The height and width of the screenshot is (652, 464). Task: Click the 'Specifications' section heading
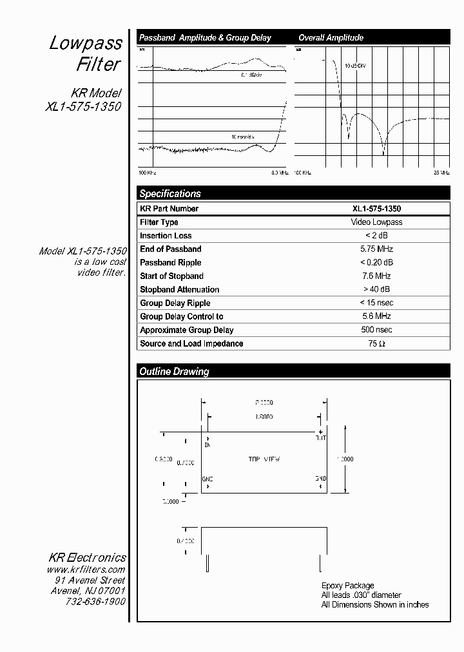click(x=170, y=193)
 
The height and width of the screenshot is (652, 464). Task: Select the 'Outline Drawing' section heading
click(x=174, y=371)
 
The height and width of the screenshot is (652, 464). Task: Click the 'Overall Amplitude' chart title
click(x=331, y=38)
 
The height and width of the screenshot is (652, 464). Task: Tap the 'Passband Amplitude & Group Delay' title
click(x=205, y=38)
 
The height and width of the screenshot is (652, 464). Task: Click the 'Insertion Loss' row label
click(x=166, y=235)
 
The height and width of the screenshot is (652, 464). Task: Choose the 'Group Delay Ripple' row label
click(x=175, y=303)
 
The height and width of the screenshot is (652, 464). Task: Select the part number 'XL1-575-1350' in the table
click(x=376, y=208)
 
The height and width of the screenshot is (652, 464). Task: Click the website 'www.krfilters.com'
click(x=86, y=570)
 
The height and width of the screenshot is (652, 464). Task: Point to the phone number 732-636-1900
click(x=95, y=602)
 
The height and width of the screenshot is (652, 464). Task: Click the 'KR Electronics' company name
click(x=87, y=557)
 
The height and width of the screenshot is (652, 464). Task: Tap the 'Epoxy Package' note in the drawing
click(x=347, y=586)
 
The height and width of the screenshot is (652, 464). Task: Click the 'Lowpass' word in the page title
click(x=86, y=43)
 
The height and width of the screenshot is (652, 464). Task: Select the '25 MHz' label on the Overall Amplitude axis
click(x=441, y=173)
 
